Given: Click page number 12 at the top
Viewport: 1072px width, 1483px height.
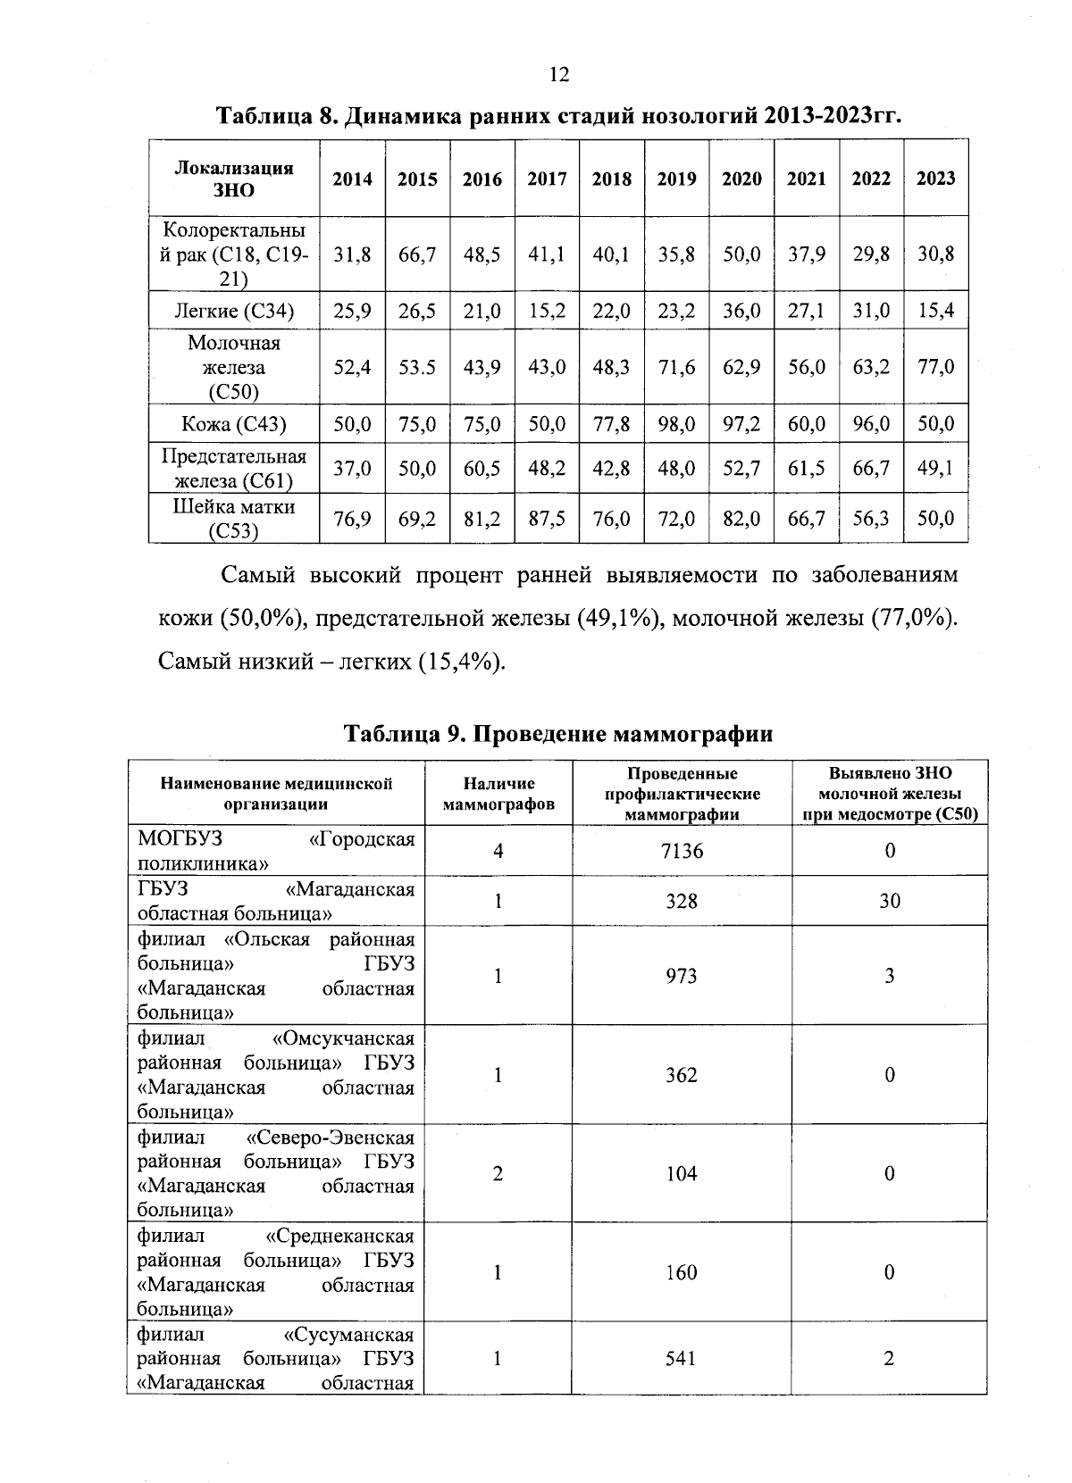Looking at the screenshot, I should tap(558, 74).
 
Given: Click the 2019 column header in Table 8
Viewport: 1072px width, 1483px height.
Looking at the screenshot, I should tap(676, 179).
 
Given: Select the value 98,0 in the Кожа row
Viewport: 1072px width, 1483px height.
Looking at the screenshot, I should tap(676, 424).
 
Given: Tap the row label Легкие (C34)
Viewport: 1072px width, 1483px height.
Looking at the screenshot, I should tap(234, 311).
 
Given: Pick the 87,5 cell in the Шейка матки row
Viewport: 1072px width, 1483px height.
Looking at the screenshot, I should tap(547, 519).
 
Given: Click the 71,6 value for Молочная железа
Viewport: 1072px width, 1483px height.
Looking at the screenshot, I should tap(676, 367).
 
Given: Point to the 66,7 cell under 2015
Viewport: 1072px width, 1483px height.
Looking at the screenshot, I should tap(417, 254).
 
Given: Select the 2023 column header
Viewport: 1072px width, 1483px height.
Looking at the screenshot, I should tap(935, 179).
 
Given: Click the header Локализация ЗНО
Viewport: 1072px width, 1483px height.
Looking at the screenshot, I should tap(234, 179).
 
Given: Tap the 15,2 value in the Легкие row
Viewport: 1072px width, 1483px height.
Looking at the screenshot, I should tap(547, 311).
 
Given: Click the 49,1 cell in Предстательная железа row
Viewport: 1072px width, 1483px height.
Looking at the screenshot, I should tap(935, 468).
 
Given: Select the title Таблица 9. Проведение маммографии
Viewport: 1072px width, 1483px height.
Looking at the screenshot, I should tap(558, 734).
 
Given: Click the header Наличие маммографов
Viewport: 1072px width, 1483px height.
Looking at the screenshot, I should tap(498, 794).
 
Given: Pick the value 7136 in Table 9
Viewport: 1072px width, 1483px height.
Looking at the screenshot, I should tap(682, 851).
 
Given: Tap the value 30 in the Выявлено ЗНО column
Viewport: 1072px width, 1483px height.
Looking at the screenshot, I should tap(890, 901).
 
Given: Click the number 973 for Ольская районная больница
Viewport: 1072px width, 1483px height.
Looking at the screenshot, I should tap(682, 976).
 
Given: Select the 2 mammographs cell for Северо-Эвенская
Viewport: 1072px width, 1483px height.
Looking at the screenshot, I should tap(498, 1173).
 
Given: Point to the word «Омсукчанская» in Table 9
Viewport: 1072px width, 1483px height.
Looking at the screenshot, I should tap(343, 1038).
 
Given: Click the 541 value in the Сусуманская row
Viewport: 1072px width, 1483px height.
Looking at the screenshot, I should tap(682, 1359).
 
